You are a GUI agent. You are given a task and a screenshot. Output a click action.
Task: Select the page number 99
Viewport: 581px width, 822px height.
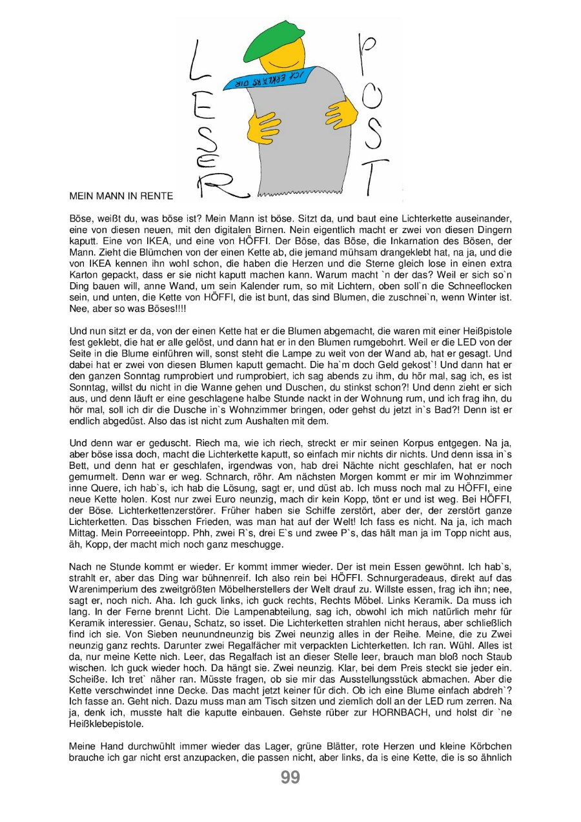(290, 777)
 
